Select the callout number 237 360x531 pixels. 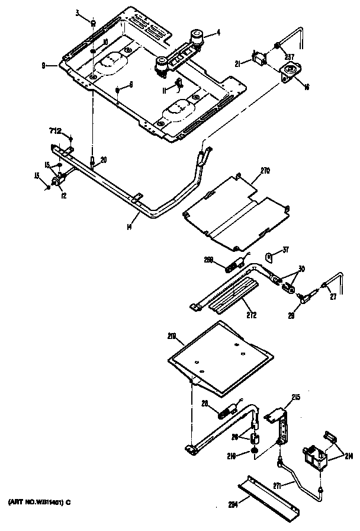tap(288, 57)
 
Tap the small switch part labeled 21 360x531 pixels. tap(259, 59)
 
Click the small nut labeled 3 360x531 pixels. tap(93, 23)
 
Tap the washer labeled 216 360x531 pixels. tap(253, 455)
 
